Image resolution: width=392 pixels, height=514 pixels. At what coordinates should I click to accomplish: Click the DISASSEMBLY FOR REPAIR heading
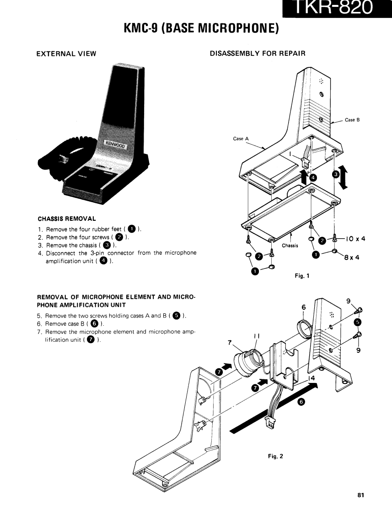point(257,54)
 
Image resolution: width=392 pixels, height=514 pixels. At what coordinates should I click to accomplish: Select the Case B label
point(352,120)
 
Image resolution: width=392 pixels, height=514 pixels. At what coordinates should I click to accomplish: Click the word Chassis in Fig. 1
point(290,246)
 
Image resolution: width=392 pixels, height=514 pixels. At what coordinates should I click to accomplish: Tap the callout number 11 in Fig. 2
point(257,336)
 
